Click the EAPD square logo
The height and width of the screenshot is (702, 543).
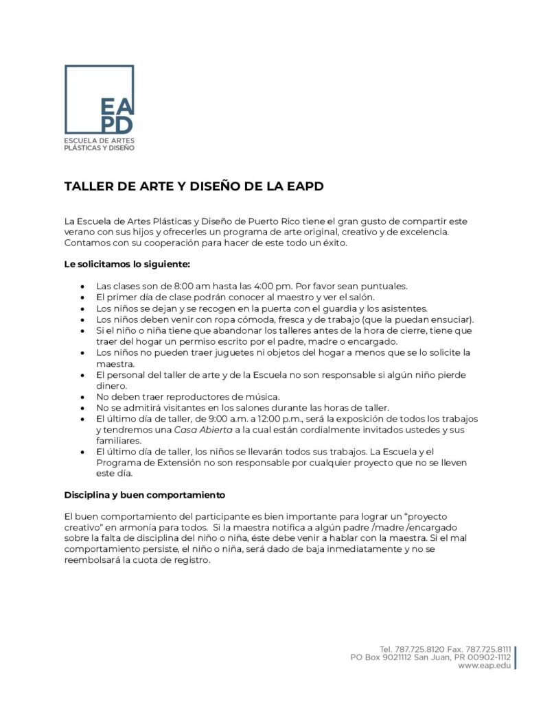click(99, 99)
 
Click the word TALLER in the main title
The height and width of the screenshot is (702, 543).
click(88, 186)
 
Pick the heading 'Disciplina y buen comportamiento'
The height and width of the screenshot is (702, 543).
click(145, 494)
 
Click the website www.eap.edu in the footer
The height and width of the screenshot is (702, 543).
click(484, 666)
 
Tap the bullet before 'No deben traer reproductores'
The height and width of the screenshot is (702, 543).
click(82, 397)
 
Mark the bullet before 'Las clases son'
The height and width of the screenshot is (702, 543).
click(82, 286)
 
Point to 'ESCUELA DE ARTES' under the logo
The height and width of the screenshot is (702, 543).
click(99, 140)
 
